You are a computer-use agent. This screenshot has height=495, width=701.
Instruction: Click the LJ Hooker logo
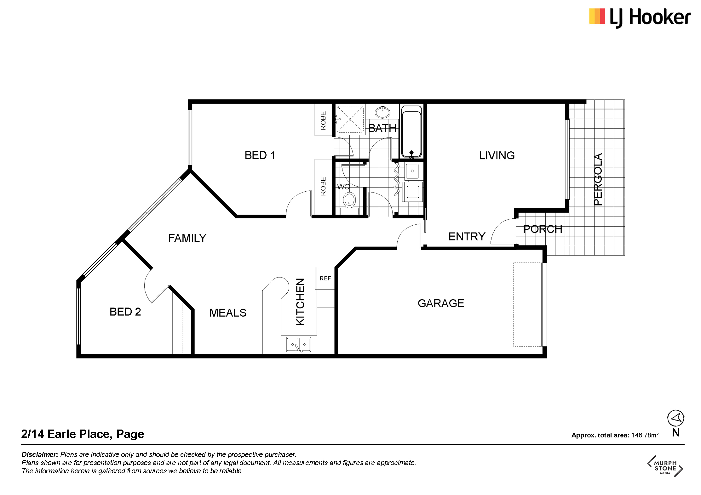coord(640,18)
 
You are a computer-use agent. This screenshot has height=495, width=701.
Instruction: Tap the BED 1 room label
coord(260,155)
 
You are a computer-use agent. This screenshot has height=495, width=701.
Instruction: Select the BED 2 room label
coord(125,312)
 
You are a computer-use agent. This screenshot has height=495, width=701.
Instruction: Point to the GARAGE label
coord(441,303)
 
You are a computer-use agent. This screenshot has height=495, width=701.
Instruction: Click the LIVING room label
coord(497,155)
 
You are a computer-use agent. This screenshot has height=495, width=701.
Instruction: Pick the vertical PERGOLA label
coord(598,179)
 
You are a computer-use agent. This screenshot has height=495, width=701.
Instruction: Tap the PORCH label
coord(543,229)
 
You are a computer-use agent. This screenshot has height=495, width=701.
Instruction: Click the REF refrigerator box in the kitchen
coord(325,278)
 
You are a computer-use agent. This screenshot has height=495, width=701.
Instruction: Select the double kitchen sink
coord(298,344)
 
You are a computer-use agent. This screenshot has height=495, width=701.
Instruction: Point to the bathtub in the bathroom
coord(411,132)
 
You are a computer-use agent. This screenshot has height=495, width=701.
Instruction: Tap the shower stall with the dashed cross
coord(350,119)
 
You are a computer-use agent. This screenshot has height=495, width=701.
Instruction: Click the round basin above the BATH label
coord(382,112)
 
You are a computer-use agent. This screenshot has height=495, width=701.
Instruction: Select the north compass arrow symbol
coord(675,418)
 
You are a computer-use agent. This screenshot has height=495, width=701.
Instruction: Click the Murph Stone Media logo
coord(665,466)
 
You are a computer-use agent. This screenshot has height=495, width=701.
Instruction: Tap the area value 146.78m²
coord(645,435)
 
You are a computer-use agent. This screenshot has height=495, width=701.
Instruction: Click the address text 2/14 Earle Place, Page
coord(83,434)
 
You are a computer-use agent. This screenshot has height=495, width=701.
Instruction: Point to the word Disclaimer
coord(40,455)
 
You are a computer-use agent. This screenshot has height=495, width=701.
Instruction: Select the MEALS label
coord(228,313)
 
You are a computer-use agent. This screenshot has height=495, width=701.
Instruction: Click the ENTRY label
coord(467,237)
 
